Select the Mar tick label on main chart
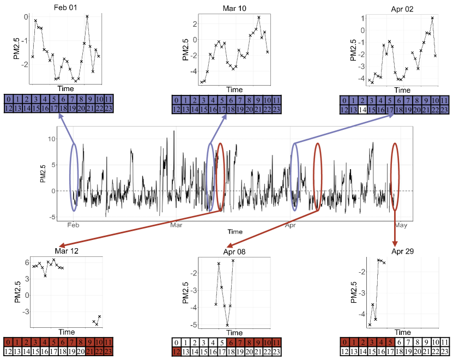[176, 225]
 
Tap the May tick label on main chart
[401, 225]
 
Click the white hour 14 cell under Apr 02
[363, 110]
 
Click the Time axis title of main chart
[235, 232]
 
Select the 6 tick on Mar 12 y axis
[19, 262]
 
